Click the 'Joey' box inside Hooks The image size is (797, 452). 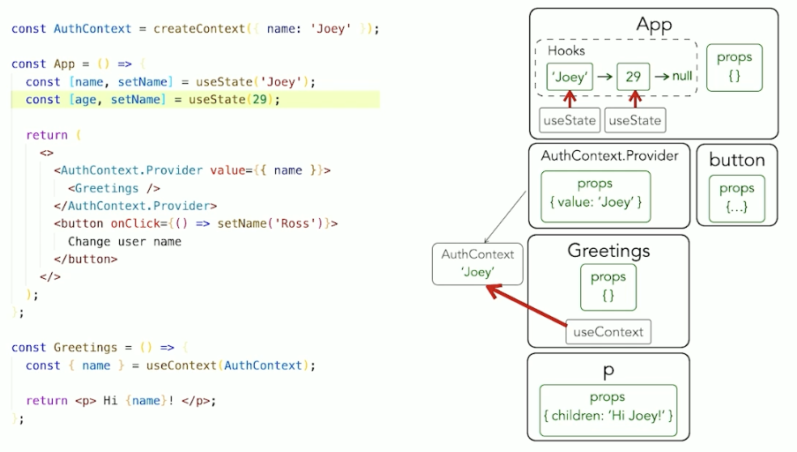[570, 77]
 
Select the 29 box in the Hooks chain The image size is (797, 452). [633, 77]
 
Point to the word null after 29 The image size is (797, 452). [682, 77]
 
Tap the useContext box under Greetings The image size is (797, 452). [608, 332]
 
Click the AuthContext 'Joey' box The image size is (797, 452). [477, 264]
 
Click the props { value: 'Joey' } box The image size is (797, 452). [595, 194]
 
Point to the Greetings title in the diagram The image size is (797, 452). [608, 251]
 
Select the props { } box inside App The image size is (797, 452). [734, 67]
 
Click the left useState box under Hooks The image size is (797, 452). [570, 120]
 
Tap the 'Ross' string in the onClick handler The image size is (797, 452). [302, 223]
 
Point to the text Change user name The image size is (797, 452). [124, 241]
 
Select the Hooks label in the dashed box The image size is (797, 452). [566, 50]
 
